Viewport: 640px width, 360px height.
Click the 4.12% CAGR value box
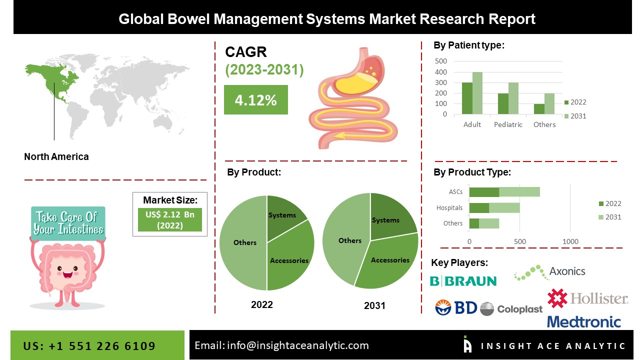255,100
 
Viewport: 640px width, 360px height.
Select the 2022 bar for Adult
467,98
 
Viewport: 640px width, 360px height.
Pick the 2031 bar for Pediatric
513,98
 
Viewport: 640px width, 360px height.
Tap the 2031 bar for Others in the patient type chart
549,104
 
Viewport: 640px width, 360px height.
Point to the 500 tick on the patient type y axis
441,61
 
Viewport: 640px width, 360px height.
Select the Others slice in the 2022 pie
242,243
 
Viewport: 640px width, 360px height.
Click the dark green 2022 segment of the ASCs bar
484,192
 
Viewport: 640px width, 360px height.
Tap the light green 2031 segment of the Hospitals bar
504,207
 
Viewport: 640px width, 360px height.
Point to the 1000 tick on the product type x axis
570,242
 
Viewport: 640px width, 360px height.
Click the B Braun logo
463,281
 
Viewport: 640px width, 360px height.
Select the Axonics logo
549,272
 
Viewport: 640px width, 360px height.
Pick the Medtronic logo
583,321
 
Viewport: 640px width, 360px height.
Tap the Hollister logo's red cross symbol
557,298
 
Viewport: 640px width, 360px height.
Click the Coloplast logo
511,309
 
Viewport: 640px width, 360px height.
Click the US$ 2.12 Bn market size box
170,219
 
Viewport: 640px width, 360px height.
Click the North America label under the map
56,156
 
